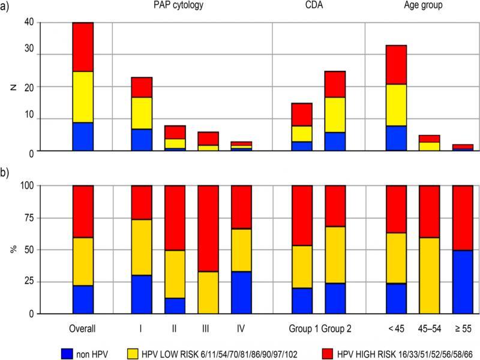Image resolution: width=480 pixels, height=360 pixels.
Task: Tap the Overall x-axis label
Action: point(83,328)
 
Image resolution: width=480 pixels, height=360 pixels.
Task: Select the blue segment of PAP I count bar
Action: point(142,140)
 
